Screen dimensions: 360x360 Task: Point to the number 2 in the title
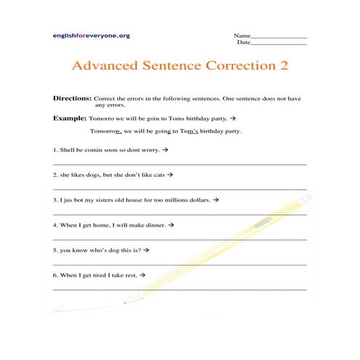pyautogui.click(x=284, y=65)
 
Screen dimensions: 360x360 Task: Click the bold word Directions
pyautogui.click(x=72, y=97)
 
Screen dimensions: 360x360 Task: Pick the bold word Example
pyautogui.click(x=69, y=117)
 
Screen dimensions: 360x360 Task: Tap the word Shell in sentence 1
pyautogui.click(x=68, y=149)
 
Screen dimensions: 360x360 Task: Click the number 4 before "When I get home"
pyautogui.click(x=55, y=225)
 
